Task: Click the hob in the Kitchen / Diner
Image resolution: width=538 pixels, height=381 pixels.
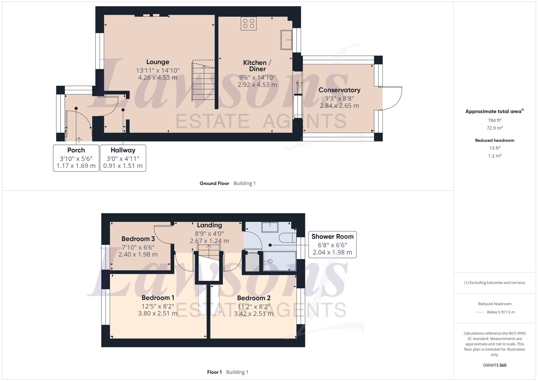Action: point(249,23)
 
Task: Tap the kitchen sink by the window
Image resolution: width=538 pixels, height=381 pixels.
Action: point(286,40)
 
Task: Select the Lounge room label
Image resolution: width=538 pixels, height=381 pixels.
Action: point(158,62)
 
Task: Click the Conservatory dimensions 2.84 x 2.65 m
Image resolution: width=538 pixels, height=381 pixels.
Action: point(339,106)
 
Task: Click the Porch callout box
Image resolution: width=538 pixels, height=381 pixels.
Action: point(76,158)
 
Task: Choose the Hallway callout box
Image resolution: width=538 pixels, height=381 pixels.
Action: point(123,158)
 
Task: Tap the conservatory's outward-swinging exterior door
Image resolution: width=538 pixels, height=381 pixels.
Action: point(391,98)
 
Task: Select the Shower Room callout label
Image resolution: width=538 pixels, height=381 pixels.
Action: point(332,237)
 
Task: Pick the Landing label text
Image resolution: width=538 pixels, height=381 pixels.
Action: point(209,225)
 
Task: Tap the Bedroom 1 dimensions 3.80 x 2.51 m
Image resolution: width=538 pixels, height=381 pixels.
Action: point(158,314)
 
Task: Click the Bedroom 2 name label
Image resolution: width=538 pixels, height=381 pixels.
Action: point(254,298)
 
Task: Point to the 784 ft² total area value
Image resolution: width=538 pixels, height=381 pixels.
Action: point(494,120)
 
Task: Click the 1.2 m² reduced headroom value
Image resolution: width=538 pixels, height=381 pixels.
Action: point(494,156)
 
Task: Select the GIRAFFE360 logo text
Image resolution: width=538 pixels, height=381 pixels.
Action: point(494,365)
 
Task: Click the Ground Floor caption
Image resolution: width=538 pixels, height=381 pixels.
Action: point(214,183)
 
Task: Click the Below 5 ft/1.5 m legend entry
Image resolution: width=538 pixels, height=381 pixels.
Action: point(500,312)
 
